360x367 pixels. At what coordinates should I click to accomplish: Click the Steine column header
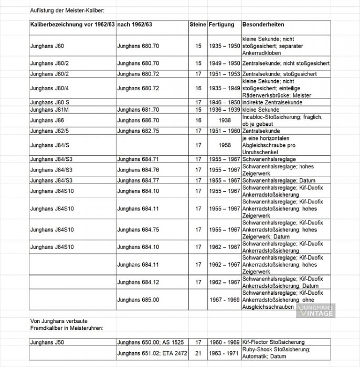coord(197,25)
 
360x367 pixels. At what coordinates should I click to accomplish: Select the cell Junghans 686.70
coord(138,120)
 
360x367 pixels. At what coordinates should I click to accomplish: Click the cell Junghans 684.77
coord(138,180)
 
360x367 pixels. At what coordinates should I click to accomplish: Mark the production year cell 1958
coord(224,145)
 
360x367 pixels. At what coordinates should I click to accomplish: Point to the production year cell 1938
coord(224,120)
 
